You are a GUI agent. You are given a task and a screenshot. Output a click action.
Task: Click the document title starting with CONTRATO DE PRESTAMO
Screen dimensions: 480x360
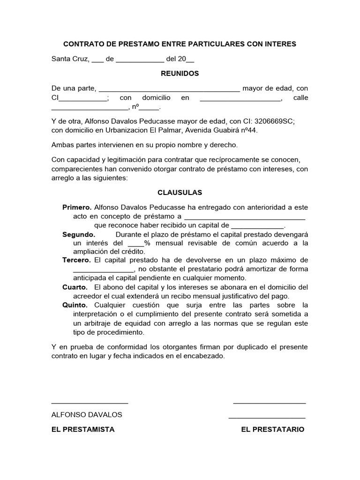(180, 44)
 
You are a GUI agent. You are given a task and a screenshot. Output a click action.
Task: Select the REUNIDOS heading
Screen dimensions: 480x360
(180, 74)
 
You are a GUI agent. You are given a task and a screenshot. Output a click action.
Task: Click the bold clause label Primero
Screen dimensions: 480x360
(77, 207)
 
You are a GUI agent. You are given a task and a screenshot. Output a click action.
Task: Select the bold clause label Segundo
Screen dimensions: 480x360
(79, 234)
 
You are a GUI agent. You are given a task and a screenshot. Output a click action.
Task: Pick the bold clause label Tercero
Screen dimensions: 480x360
(77, 260)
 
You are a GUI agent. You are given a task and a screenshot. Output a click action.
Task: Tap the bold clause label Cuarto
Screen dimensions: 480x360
(75, 287)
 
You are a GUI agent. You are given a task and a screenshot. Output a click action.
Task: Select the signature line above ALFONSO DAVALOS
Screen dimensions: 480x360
(90, 403)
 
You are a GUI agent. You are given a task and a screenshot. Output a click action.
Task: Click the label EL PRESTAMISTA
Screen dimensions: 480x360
(83, 429)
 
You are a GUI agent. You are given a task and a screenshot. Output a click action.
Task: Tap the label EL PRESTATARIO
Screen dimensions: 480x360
(272, 429)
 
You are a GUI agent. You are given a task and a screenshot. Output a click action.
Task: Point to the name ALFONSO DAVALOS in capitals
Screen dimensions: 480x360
(87, 415)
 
